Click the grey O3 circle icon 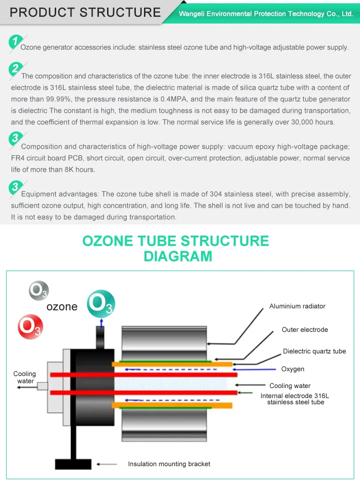point(38,290)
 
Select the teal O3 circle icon point(101,304)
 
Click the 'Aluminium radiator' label point(297,306)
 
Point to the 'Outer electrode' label point(305,330)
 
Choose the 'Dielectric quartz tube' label point(314,351)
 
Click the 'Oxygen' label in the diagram point(293,369)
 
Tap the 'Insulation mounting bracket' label point(169,464)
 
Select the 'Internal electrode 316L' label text point(295,396)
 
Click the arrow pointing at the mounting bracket point(107,464)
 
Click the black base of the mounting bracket point(73,464)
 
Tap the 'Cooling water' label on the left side point(24,377)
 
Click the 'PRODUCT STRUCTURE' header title point(85,12)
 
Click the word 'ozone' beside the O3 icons point(62,307)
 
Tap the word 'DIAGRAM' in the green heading point(178,256)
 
